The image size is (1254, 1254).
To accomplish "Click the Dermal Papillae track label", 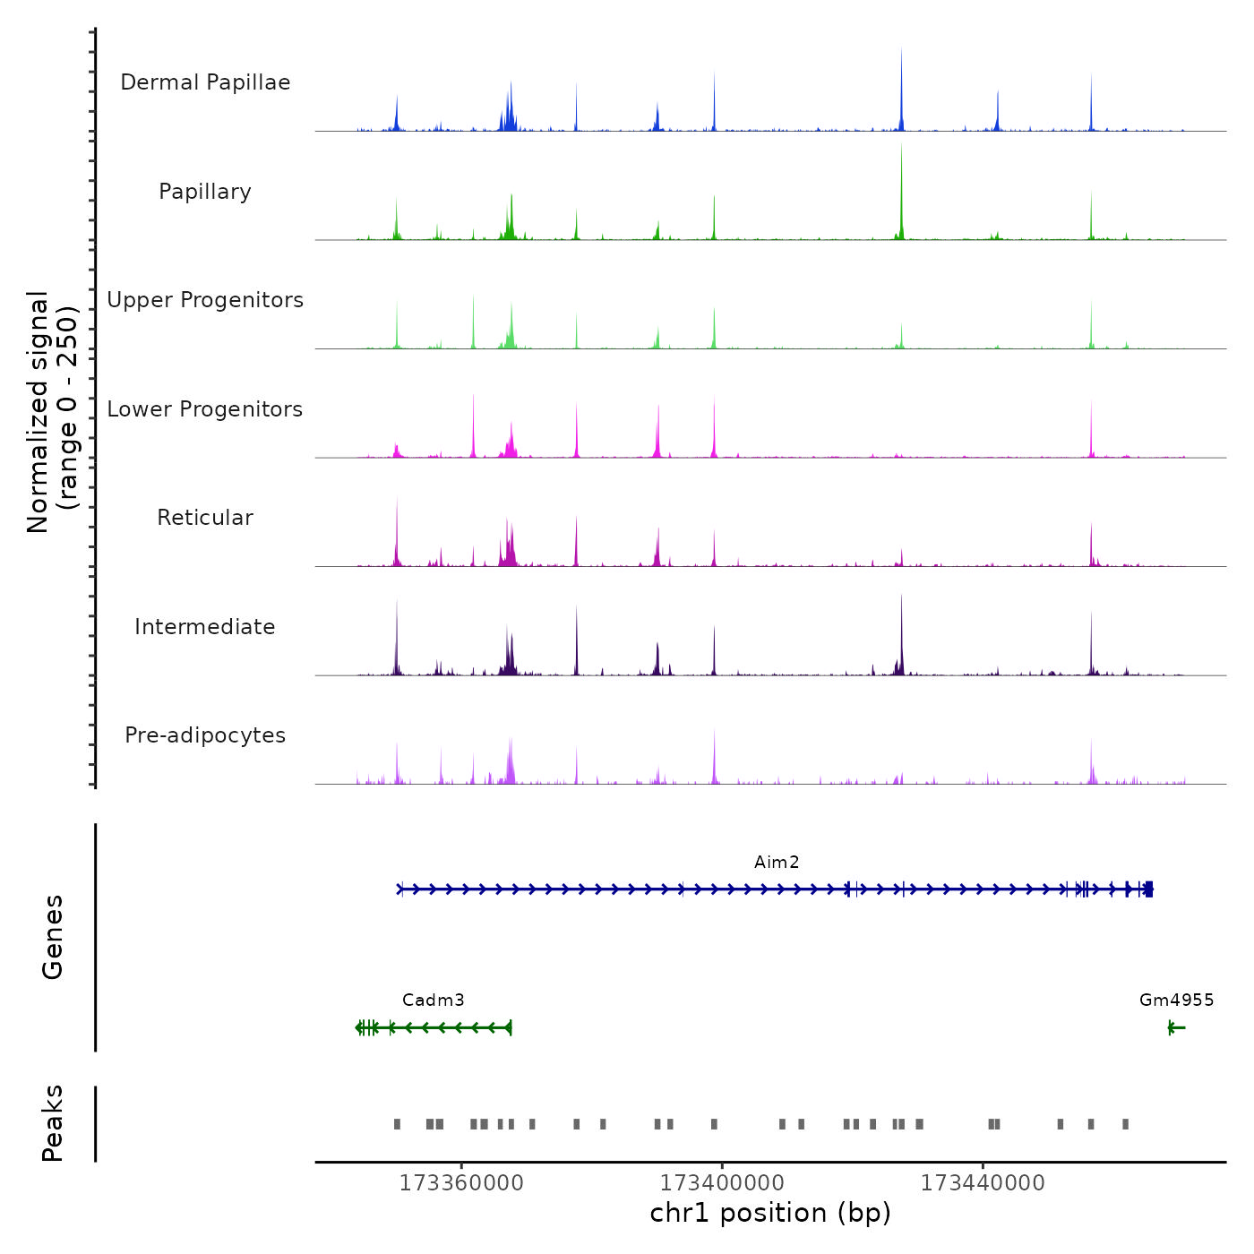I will point(205,82).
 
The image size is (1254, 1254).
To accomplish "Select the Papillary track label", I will point(205,192).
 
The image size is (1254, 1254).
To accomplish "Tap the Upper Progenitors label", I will point(205,300).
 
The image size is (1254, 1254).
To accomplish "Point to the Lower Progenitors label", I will point(205,409).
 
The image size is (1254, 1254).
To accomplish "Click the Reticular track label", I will point(205,518).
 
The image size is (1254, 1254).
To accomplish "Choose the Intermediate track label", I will point(205,627).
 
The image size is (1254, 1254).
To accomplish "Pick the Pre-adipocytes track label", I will point(205,735).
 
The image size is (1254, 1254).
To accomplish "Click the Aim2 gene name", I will point(777,863).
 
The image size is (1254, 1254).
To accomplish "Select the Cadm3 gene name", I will point(434,1001).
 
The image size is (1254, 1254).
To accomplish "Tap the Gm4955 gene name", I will point(1176,1001).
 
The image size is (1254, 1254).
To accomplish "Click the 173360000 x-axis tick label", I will point(461,1183).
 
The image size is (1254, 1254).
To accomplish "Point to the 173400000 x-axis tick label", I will point(722,1183).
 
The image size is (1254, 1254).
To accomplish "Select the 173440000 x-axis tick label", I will point(983,1183).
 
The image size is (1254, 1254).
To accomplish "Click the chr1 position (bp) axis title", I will point(770,1213).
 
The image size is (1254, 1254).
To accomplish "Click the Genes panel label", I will point(53,937).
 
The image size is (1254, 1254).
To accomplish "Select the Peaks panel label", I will point(53,1123).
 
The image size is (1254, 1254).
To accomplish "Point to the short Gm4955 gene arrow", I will point(1177,1027).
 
